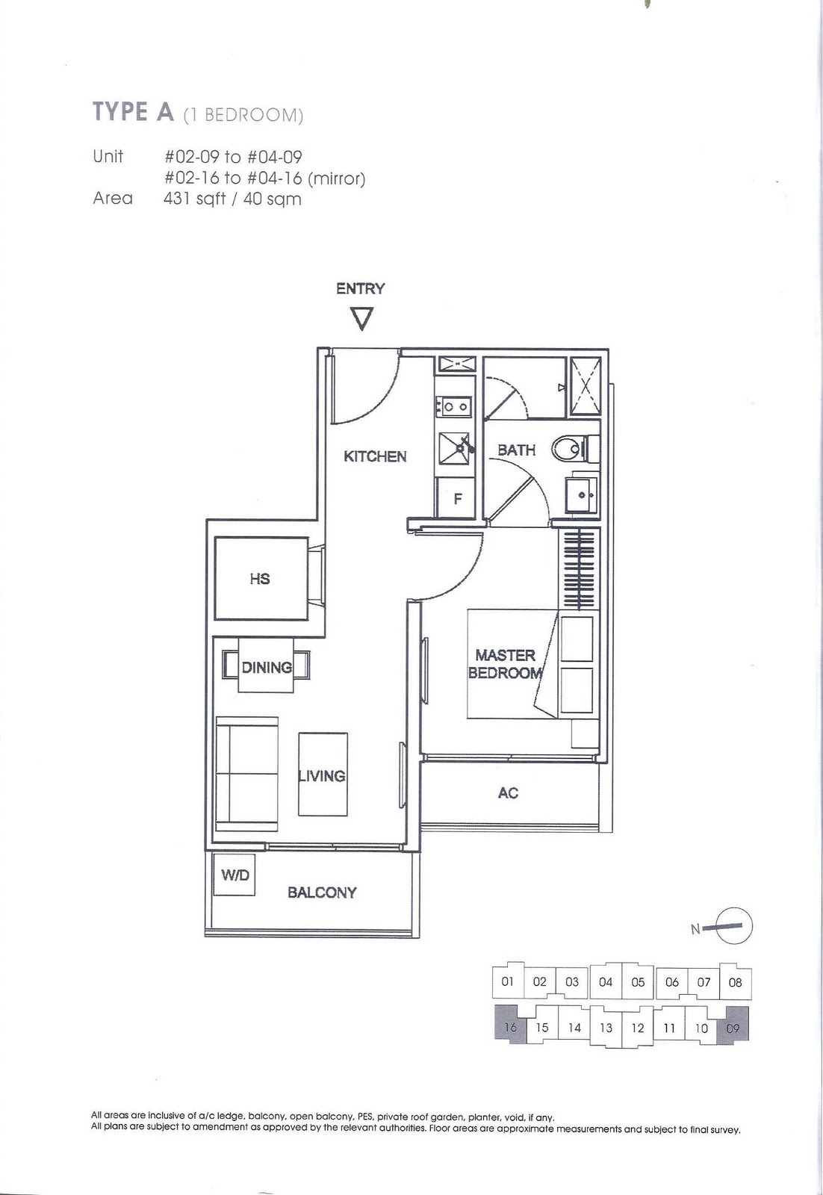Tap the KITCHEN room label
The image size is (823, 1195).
tap(375, 456)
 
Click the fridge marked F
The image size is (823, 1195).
tap(457, 497)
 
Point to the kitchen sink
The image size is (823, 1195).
tap(456, 449)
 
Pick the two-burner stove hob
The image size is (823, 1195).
tap(455, 406)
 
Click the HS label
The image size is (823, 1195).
tap(260, 579)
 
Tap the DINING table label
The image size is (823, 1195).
tap(267, 668)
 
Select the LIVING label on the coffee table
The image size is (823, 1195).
tap(322, 776)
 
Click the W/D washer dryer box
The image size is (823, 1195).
tap(235, 875)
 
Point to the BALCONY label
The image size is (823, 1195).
tap(322, 892)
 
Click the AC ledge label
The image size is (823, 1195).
tap(508, 793)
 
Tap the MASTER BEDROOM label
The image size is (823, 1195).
tap(505, 664)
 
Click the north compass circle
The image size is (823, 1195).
tap(734, 926)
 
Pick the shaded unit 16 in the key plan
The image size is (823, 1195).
tap(510, 1026)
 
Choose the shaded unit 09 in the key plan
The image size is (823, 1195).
tap(733, 1026)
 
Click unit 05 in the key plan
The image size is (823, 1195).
tap(638, 981)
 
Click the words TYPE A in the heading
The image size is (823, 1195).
tap(134, 111)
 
